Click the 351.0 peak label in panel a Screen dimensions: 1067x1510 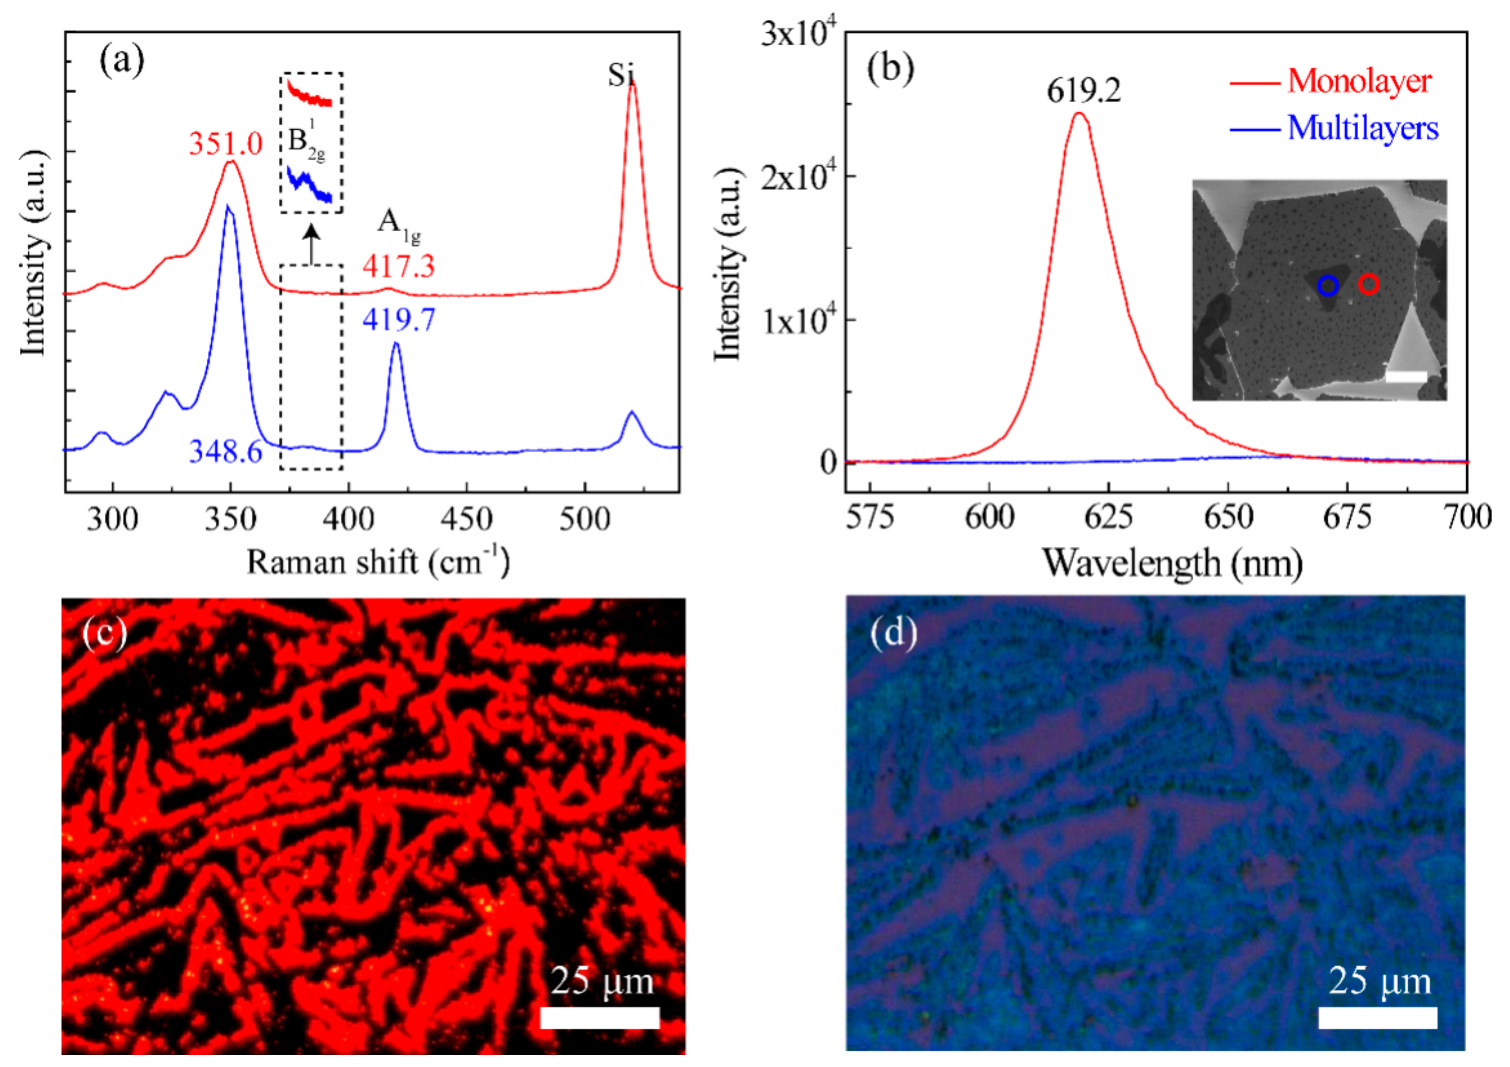(x=226, y=143)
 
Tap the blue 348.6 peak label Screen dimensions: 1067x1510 (x=226, y=452)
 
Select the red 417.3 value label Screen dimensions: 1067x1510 (x=399, y=266)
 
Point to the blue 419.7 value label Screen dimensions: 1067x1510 (x=399, y=320)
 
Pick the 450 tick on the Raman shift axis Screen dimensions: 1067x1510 (x=466, y=519)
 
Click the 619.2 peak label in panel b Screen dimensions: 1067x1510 (x=1083, y=91)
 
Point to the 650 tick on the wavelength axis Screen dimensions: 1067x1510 (x=1228, y=517)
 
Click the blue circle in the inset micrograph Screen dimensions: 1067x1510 (x=1328, y=285)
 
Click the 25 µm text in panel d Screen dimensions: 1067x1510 (x=1379, y=981)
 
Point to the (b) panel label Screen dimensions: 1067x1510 (x=890, y=68)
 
